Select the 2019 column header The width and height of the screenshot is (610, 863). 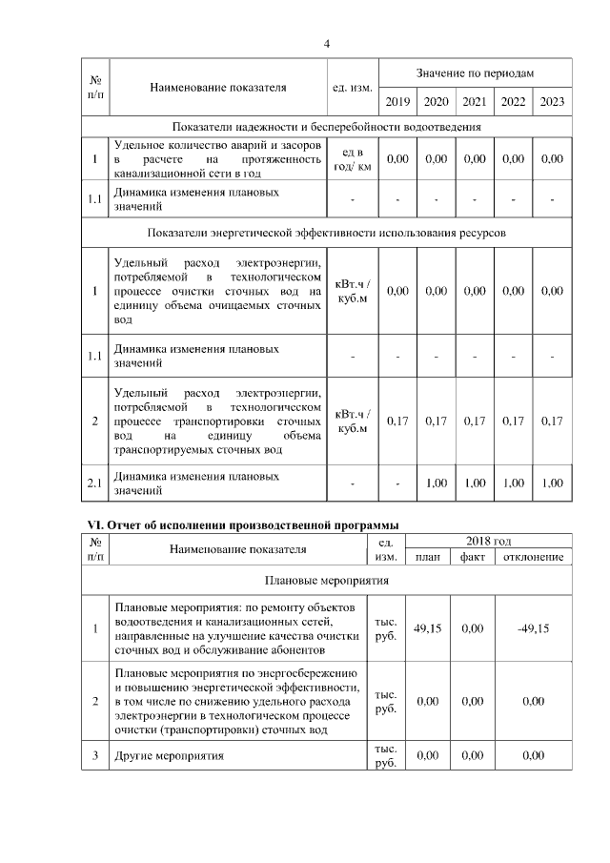pyautogui.click(x=398, y=101)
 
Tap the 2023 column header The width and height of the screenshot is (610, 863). pyautogui.click(x=552, y=101)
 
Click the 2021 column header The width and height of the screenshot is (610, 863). pyautogui.click(x=474, y=101)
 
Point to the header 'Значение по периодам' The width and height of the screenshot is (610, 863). pyautogui.click(x=475, y=73)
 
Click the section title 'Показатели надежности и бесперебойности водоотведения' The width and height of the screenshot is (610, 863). pyautogui.click(x=326, y=127)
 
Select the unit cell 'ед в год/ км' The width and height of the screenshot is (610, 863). pyautogui.click(x=353, y=159)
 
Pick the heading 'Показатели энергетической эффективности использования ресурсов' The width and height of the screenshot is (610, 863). pyautogui.click(x=326, y=232)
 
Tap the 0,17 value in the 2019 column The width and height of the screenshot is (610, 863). pyautogui.click(x=398, y=421)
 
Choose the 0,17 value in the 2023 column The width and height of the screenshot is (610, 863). pyautogui.click(x=552, y=421)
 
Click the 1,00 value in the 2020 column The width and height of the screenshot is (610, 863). pyautogui.click(x=436, y=483)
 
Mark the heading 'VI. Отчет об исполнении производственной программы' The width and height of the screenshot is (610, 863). pyautogui.click(x=238, y=524)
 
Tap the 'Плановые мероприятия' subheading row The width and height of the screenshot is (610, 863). pyautogui.click(x=326, y=579)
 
